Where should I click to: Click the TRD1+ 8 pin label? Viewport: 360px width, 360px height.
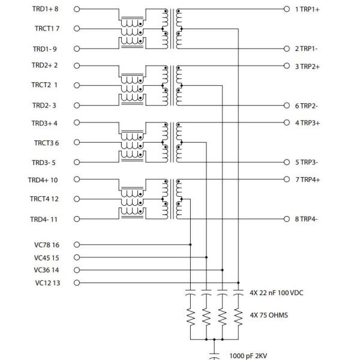point(46,10)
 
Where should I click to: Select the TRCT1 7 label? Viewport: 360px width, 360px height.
point(46,29)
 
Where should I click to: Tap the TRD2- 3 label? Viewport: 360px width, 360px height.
point(44,106)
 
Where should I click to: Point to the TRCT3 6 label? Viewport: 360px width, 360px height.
point(46,143)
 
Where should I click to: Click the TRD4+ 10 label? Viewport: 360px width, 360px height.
point(43,180)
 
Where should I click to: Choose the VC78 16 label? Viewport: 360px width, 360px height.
point(47,245)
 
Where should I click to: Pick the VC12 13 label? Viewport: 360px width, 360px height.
point(47,283)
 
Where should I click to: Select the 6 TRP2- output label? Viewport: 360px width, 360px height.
point(307,106)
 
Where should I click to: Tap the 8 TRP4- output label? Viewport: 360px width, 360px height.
point(307,220)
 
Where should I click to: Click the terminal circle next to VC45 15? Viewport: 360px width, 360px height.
point(76,257)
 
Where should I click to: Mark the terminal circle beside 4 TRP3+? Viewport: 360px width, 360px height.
point(287,122)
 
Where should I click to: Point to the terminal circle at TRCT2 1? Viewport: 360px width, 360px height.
point(76,85)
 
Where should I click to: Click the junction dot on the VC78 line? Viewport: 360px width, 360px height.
point(190,245)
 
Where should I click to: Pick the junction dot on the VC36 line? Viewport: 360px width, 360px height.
point(223,270)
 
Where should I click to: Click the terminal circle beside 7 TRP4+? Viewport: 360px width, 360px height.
point(287,180)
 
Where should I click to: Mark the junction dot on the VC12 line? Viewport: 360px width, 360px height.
point(239,283)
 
